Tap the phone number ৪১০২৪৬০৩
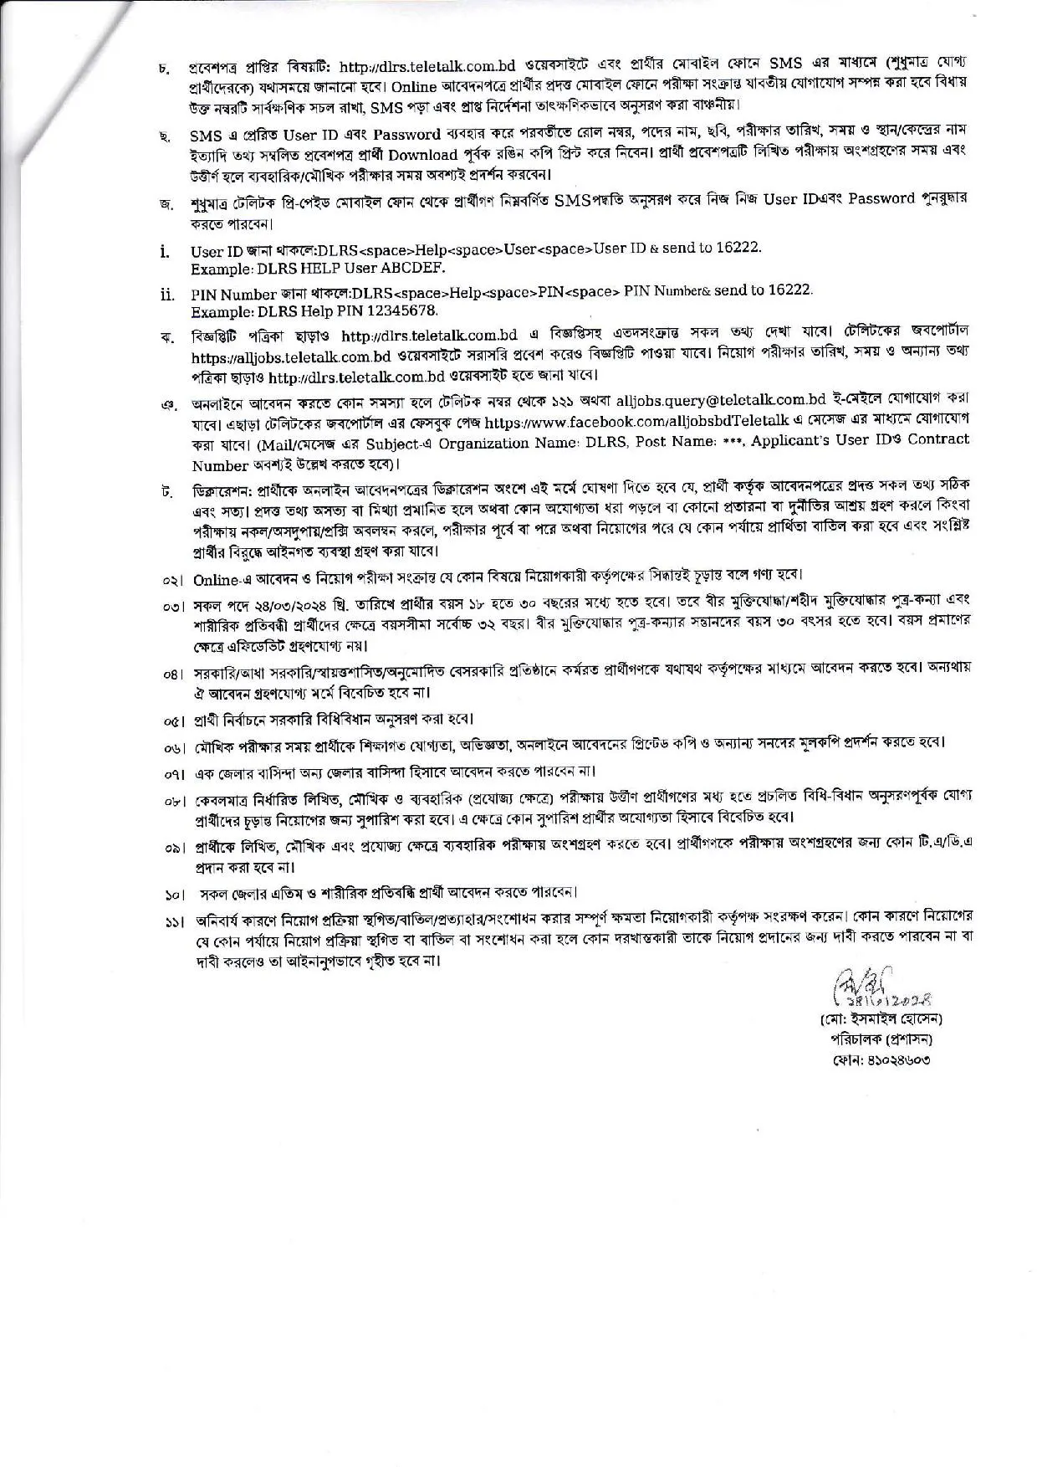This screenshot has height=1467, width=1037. tap(902, 1059)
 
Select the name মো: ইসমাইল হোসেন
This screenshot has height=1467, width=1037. tap(892, 1019)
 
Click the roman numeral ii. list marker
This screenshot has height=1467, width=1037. tap(167, 295)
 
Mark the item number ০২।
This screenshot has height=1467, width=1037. tap(173, 579)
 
